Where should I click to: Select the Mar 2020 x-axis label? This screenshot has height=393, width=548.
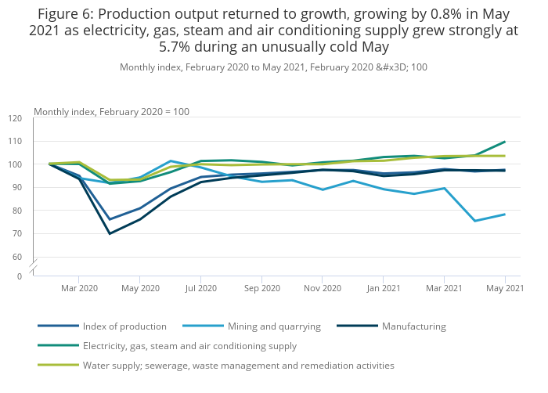coord(78,288)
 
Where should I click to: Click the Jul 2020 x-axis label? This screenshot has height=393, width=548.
coord(200,288)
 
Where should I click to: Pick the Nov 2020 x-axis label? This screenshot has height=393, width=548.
coord(323,288)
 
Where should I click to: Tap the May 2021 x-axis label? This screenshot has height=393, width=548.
coord(505,288)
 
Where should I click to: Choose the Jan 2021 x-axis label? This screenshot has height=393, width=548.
coord(384,288)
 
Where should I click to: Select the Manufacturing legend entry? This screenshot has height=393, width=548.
coord(413,326)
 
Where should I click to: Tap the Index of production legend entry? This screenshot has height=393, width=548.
coord(124,326)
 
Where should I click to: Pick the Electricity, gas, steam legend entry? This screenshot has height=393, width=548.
coord(189,345)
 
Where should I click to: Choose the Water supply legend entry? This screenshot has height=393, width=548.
coord(237,365)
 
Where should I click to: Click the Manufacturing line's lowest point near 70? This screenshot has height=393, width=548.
coord(109,233)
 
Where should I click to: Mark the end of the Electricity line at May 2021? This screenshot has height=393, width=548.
coord(505,142)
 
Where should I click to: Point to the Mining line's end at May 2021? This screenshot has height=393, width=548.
coord(505,215)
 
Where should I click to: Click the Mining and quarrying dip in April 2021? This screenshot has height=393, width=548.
coord(474,221)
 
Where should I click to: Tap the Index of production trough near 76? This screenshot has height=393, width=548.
coord(109,219)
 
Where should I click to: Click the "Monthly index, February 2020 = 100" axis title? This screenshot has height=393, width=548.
coord(111,112)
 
